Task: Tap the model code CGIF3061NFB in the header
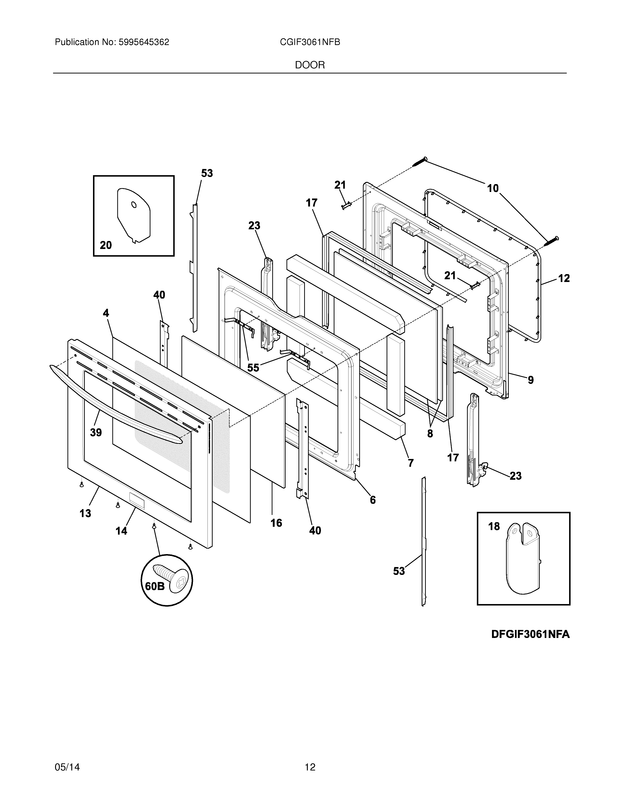coord(310,42)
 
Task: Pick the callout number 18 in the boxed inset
coord(494,527)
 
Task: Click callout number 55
coord(253,368)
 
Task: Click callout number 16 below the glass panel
coord(276,523)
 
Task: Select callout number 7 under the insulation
coord(411,463)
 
